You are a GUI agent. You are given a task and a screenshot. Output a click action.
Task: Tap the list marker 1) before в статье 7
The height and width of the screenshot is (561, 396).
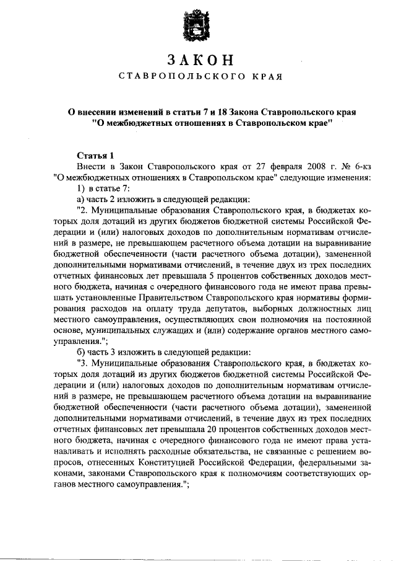pos(80,188)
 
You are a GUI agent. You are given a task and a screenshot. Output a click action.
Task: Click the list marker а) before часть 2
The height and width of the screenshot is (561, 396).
pos(80,199)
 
